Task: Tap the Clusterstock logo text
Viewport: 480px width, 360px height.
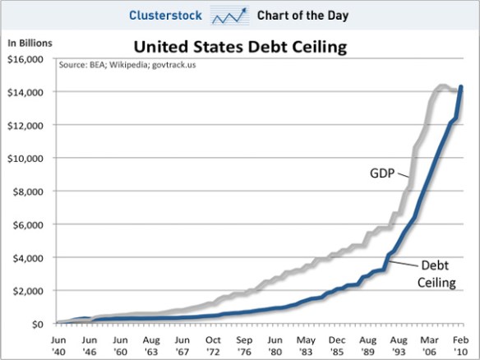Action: [164, 15]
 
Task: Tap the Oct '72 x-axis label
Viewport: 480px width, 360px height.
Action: [212, 344]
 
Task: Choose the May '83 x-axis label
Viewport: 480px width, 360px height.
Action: [306, 344]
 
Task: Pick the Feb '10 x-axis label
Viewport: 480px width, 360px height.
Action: [462, 344]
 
